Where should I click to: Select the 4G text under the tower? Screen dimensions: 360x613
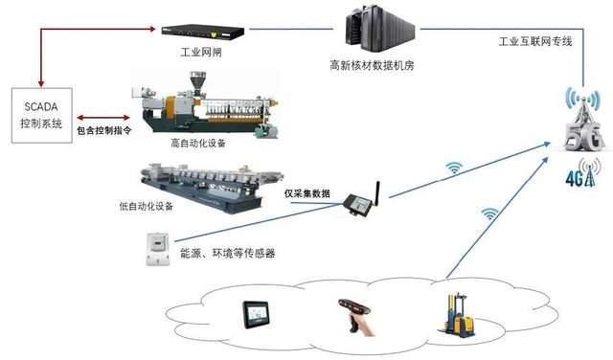[x=578, y=178]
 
